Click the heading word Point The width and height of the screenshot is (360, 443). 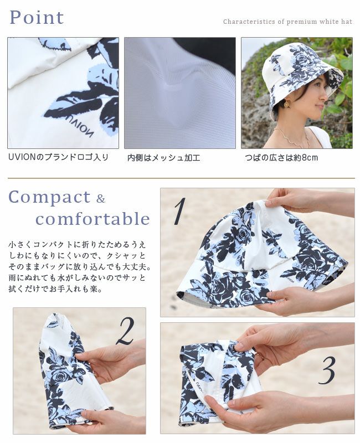[37, 18]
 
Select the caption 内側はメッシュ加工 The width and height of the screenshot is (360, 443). [164, 158]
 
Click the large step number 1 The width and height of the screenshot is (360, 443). [179, 211]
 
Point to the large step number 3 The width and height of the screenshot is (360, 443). [327, 370]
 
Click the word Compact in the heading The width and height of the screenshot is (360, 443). [49, 197]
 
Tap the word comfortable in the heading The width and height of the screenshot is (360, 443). [92, 219]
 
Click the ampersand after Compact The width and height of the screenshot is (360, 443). [101, 199]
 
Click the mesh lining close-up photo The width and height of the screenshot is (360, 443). [180, 93]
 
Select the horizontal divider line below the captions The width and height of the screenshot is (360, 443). [181, 178]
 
